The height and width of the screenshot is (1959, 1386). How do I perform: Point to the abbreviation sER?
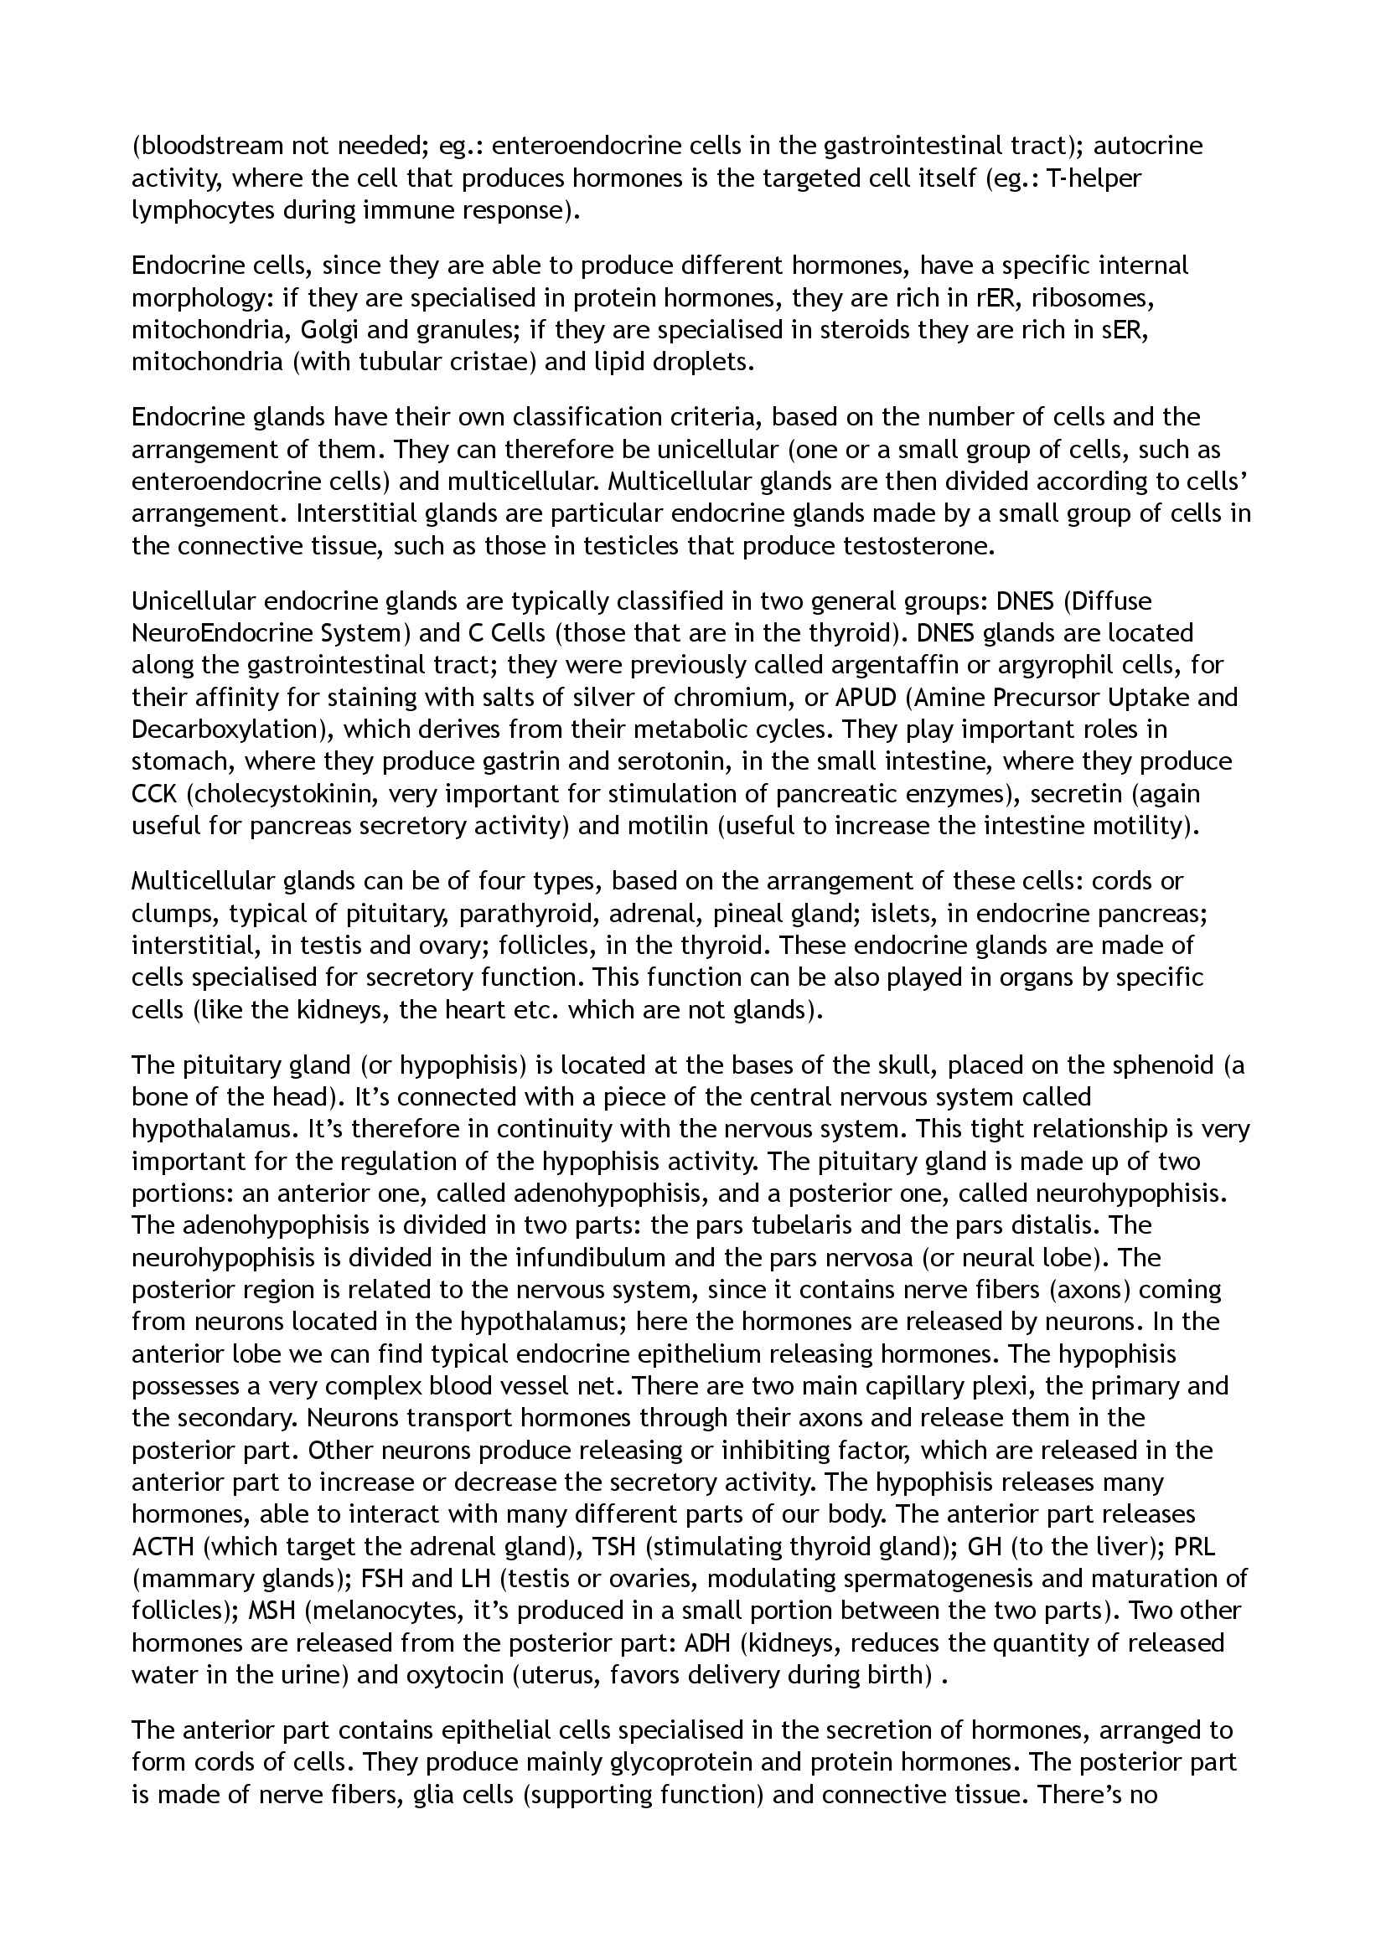tap(1120, 329)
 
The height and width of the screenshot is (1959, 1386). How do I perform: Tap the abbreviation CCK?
tap(153, 793)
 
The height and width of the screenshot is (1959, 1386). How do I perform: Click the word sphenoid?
tap(1161, 1065)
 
